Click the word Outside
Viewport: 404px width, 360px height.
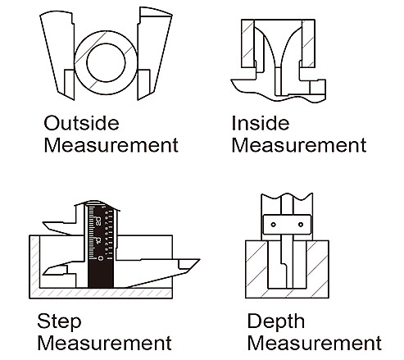coord(81,123)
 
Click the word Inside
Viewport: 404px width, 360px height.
coord(261,123)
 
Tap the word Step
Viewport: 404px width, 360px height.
coord(59,321)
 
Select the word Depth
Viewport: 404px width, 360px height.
coord(276,322)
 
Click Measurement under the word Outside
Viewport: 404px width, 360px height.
coord(111,145)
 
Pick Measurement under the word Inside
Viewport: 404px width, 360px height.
coord(299,145)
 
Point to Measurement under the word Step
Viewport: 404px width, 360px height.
coord(105,343)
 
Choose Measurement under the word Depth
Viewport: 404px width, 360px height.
coord(315,343)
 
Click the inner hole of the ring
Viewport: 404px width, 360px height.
coord(106,62)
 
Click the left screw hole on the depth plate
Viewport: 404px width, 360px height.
coord(273,225)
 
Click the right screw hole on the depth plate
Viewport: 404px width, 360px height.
coord(301,225)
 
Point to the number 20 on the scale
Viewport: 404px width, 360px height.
coord(98,221)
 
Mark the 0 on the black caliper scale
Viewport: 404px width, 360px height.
coord(101,258)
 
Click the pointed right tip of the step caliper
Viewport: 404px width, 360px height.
coord(200,259)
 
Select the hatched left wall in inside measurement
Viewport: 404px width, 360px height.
coord(248,43)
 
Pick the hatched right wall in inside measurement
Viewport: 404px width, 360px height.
coord(308,43)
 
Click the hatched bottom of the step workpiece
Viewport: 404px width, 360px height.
coord(101,294)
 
